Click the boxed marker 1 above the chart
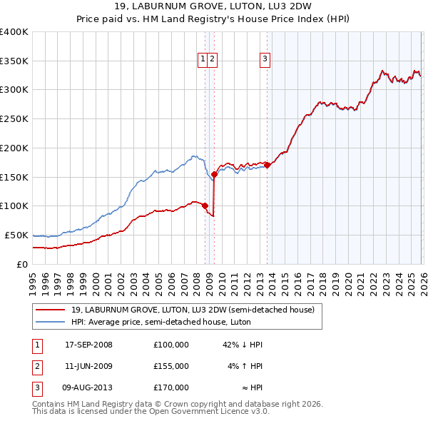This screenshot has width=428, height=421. click(203, 59)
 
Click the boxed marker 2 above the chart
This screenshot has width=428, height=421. click(213, 59)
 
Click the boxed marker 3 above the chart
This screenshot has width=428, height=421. click(265, 59)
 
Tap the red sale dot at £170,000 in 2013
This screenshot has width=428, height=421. click(267, 165)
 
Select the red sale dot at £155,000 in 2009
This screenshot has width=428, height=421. click(214, 173)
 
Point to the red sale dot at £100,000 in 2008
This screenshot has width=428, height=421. click(205, 206)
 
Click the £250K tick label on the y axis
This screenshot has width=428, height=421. click(14, 118)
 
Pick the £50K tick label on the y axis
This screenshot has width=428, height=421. click(16, 235)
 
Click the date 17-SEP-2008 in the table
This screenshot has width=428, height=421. click(88, 345)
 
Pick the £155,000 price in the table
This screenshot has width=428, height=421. click(170, 366)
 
